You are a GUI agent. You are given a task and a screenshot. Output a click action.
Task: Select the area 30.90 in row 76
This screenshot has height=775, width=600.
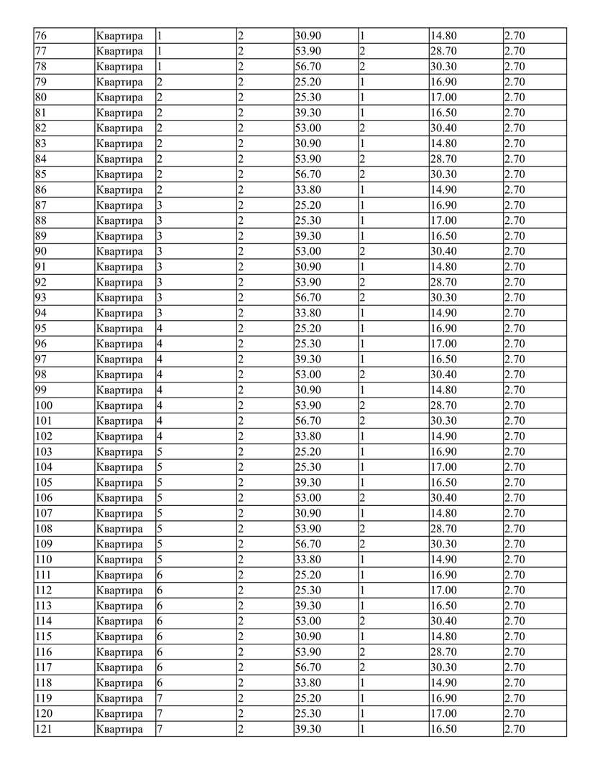pyautogui.click(x=309, y=36)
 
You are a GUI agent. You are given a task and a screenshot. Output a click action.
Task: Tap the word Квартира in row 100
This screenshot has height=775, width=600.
pyautogui.click(x=119, y=405)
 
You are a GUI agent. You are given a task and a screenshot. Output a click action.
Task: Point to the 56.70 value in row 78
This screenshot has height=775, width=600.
pyautogui.click(x=309, y=67)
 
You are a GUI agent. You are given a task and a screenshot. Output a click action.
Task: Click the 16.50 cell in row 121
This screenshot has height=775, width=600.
pyautogui.click(x=443, y=729)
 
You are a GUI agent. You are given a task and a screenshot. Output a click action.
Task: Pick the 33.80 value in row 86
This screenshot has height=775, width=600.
pyautogui.click(x=309, y=190)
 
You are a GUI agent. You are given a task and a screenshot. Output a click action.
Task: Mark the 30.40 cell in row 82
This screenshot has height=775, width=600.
pyautogui.click(x=443, y=128)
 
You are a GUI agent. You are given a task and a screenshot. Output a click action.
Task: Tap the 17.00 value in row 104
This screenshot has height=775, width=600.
pyautogui.click(x=443, y=467)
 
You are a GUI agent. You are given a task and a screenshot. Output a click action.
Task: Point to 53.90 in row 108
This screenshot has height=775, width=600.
pyautogui.click(x=309, y=529)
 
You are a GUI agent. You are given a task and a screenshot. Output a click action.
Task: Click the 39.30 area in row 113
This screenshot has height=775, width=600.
pyautogui.click(x=309, y=606)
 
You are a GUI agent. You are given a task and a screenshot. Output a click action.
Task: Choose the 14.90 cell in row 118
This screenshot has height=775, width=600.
pyautogui.click(x=443, y=683)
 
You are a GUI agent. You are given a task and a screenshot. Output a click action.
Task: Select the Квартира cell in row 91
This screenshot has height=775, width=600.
pyautogui.click(x=119, y=267)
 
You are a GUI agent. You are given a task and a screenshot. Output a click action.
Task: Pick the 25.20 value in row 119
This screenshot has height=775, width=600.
pyautogui.click(x=309, y=698)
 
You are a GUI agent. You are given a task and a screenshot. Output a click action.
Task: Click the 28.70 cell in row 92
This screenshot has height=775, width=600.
pyautogui.click(x=443, y=283)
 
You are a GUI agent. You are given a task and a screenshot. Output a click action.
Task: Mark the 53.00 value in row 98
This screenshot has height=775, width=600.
pyautogui.click(x=309, y=375)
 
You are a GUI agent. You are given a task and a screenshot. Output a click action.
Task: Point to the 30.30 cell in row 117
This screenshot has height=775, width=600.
pyautogui.click(x=443, y=667)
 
